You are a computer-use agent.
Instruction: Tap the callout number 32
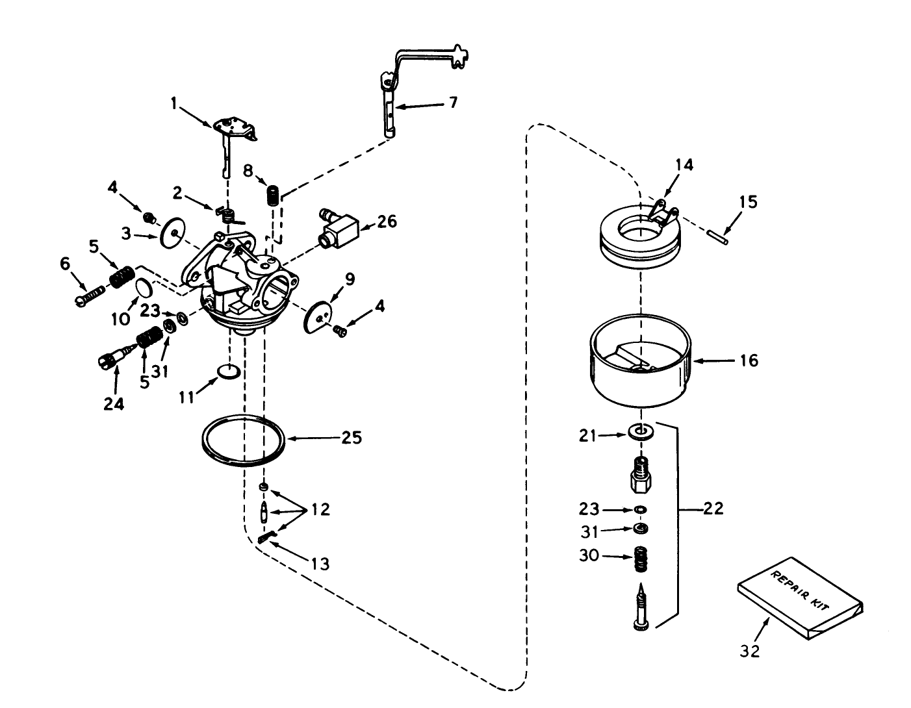[750, 650]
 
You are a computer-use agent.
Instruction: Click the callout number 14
[684, 164]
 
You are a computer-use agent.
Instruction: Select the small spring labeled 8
[274, 194]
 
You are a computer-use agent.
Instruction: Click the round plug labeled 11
[228, 371]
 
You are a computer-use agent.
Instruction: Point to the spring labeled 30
[643, 560]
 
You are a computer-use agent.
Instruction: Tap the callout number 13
[320, 563]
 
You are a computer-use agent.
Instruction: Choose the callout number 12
[320, 509]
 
